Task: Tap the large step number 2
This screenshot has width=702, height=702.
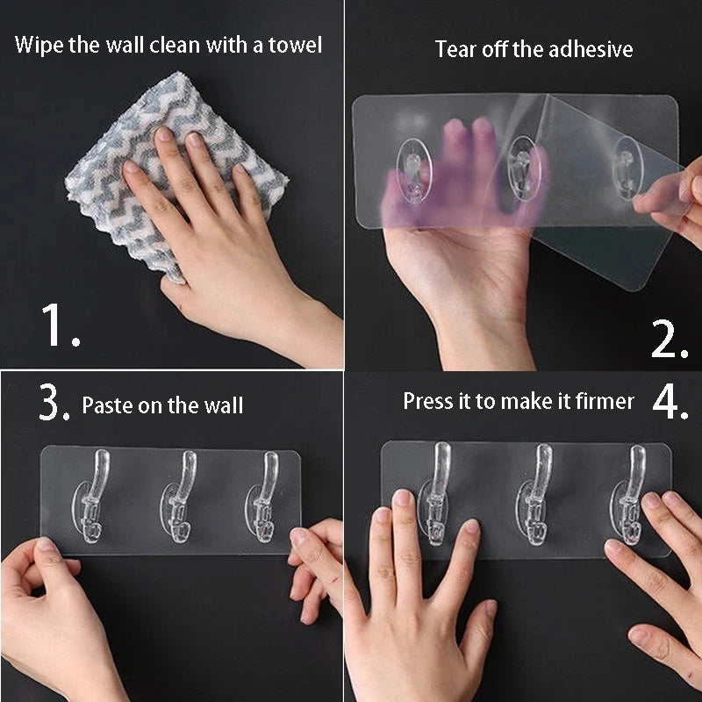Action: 668,339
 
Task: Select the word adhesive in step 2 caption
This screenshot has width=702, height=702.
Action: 591,49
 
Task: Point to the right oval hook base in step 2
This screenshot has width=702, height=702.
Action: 626,167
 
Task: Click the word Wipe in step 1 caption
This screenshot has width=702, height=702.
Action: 38,44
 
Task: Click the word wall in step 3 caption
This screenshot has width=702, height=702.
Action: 224,405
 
